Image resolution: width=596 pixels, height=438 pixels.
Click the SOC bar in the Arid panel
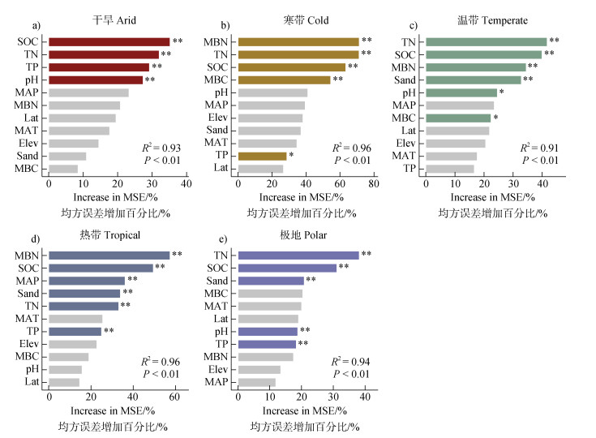click(x=109, y=41)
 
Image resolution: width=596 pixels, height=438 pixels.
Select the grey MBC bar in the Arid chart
click(x=63, y=169)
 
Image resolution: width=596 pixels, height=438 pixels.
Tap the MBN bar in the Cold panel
click(x=298, y=41)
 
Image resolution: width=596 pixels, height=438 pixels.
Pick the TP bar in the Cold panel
click(x=262, y=156)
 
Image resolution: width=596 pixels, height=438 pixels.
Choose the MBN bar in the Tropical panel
click(x=109, y=255)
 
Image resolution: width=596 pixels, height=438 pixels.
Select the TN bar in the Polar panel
click(x=298, y=255)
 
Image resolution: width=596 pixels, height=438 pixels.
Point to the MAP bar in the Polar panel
click(x=256, y=382)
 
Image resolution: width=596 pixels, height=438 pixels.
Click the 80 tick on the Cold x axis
click(x=375, y=185)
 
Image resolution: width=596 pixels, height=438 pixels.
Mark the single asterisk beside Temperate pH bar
click(x=502, y=92)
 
